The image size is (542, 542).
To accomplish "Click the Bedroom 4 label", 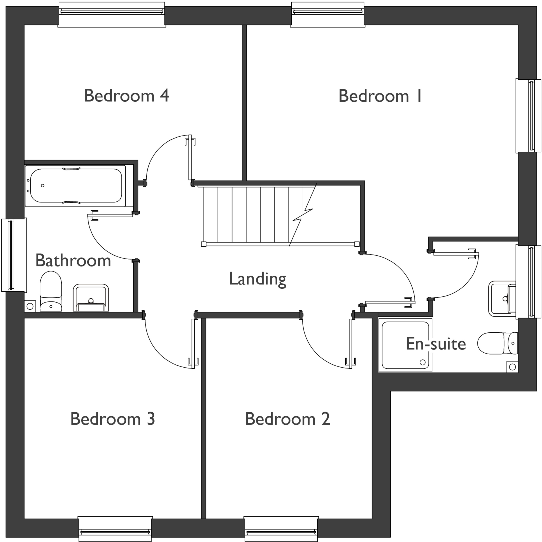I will pos(126,96).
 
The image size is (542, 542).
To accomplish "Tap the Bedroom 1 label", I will pos(380,96).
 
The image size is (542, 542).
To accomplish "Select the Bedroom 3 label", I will pos(112,419).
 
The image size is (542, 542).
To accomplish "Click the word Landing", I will pos(258,279).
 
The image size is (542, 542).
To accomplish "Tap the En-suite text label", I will pos(436,344).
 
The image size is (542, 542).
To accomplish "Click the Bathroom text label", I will pos(73,261).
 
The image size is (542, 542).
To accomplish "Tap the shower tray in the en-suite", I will pos(405,345).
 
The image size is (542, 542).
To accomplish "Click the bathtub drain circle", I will pos(43,186).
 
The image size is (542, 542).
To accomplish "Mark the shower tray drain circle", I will pos(422,363).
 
